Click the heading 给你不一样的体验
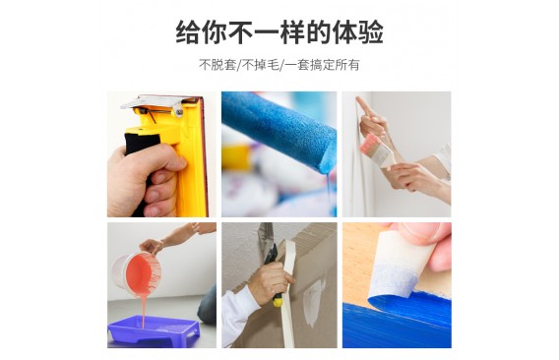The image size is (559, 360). point(279,32)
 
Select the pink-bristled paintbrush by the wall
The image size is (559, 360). point(378,150)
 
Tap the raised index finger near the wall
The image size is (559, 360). point(362,106)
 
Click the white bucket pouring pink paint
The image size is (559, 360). point(137,273)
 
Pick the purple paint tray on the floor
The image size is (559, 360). point(154,330)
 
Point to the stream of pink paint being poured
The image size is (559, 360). point(144,310)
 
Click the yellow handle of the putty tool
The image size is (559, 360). point(277,300)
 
